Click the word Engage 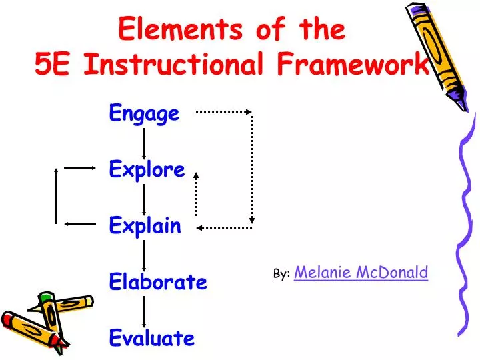[144, 114]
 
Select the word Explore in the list [147, 170]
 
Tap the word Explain [145, 227]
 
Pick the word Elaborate [158, 283]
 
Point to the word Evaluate [151, 338]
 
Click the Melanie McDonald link [361, 271]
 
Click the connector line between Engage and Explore [145, 142]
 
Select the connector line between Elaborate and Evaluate [145, 311]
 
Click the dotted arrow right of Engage [223, 112]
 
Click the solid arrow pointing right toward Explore [80, 169]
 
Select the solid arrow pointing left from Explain [80, 224]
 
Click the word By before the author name [280, 274]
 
